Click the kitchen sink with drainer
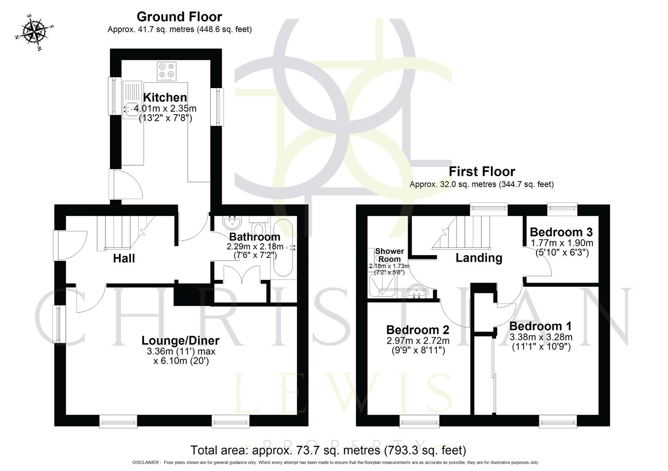(x=130, y=100)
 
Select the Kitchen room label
(x=165, y=97)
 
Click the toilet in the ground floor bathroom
(x=259, y=226)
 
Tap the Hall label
(x=124, y=258)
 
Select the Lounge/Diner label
(x=181, y=340)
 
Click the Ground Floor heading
(x=179, y=17)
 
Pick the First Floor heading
(x=482, y=171)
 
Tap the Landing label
(x=479, y=258)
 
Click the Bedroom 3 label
(x=561, y=232)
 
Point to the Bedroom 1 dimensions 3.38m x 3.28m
(x=541, y=337)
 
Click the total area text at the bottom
(x=328, y=450)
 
